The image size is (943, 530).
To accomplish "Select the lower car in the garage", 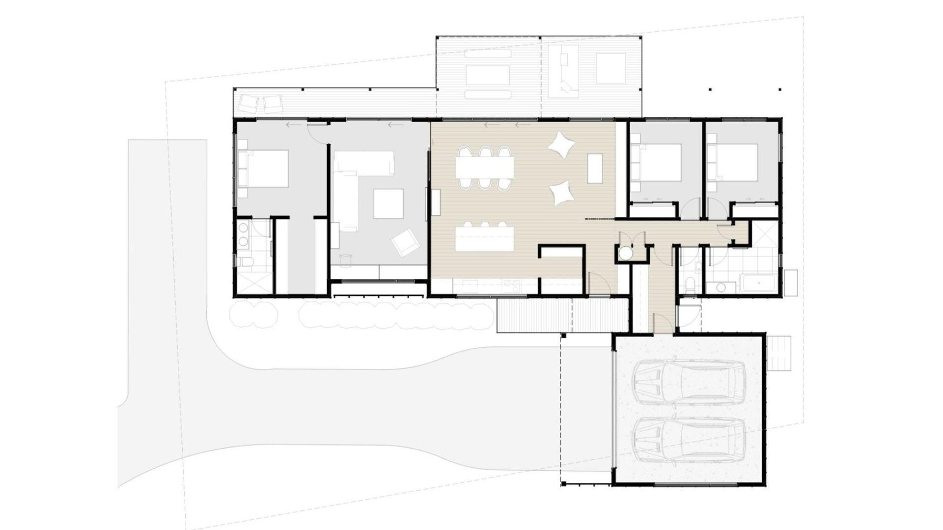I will (x=690, y=441).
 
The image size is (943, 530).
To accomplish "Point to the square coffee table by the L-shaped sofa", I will (x=388, y=204).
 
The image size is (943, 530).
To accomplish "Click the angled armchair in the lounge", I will (x=405, y=242).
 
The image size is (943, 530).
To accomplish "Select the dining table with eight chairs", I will (x=485, y=168).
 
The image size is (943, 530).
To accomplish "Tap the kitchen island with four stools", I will (x=485, y=239).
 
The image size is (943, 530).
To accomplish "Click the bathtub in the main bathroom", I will (x=759, y=284).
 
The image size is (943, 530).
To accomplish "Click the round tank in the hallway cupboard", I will (x=625, y=254).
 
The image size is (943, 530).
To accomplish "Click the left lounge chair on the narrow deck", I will (x=248, y=104).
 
